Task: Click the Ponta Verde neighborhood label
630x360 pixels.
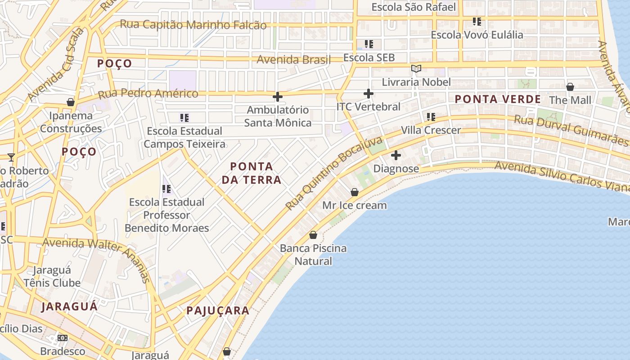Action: [497, 99]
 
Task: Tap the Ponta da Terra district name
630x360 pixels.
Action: [252, 173]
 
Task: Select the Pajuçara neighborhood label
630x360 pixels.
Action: [218, 310]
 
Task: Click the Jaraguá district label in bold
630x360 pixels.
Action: [69, 306]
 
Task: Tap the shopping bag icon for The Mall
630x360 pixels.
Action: [570, 87]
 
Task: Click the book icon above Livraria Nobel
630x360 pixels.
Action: [416, 69]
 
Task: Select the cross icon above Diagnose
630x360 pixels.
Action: [396, 155]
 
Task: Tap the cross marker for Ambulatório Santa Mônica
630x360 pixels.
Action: [278, 97]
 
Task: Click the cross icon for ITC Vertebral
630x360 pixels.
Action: [369, 94]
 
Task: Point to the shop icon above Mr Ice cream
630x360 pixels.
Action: [355, 192]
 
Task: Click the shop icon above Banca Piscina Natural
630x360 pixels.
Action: [313, 235]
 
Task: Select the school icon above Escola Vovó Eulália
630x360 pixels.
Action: [477, 22]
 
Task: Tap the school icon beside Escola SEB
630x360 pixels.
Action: [369, 44]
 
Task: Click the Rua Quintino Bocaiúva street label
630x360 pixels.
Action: [334, 173]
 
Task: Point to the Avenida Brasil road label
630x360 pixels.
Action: [293, 59]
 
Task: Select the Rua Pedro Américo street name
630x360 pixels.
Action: [148, 94]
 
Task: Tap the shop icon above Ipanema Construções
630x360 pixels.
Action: [71, 102]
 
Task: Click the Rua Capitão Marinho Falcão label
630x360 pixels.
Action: [193, 24]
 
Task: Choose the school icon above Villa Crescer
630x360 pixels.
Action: [431, 117]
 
